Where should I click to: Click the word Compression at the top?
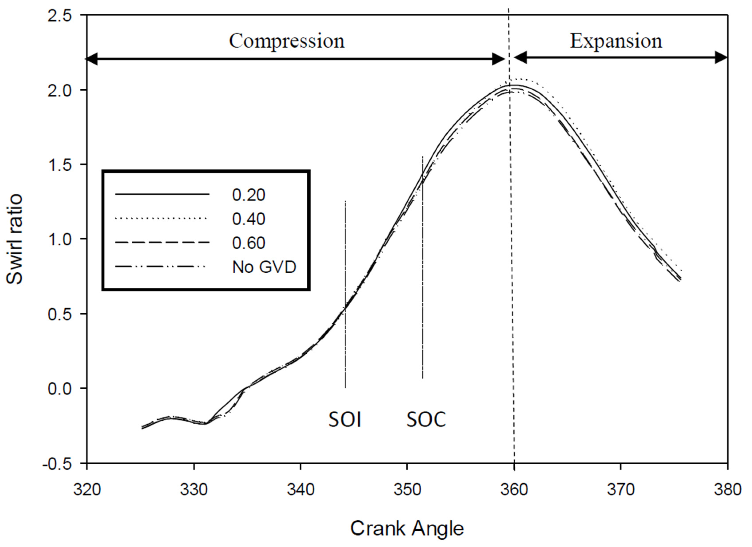click(x=287, y=42)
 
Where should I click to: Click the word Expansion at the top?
click(x=616, y=42)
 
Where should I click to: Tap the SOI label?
click(x=345, y=419)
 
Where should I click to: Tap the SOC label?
click(x=426, y=419)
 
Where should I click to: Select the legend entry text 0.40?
click(x=249, y=219)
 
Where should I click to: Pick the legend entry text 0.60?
click(x=249, y=243)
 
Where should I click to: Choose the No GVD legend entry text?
click(x=264, y=267)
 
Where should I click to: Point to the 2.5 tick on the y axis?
click(x=60, y=16)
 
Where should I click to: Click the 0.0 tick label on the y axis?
click(x=60, y=389)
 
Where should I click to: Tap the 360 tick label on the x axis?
click(x=514, y=490)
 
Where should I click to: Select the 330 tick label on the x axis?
click(x=194, y=490)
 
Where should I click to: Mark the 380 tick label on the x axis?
click(x=727, y=490)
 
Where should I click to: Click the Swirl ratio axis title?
click(x=15, y=239)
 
